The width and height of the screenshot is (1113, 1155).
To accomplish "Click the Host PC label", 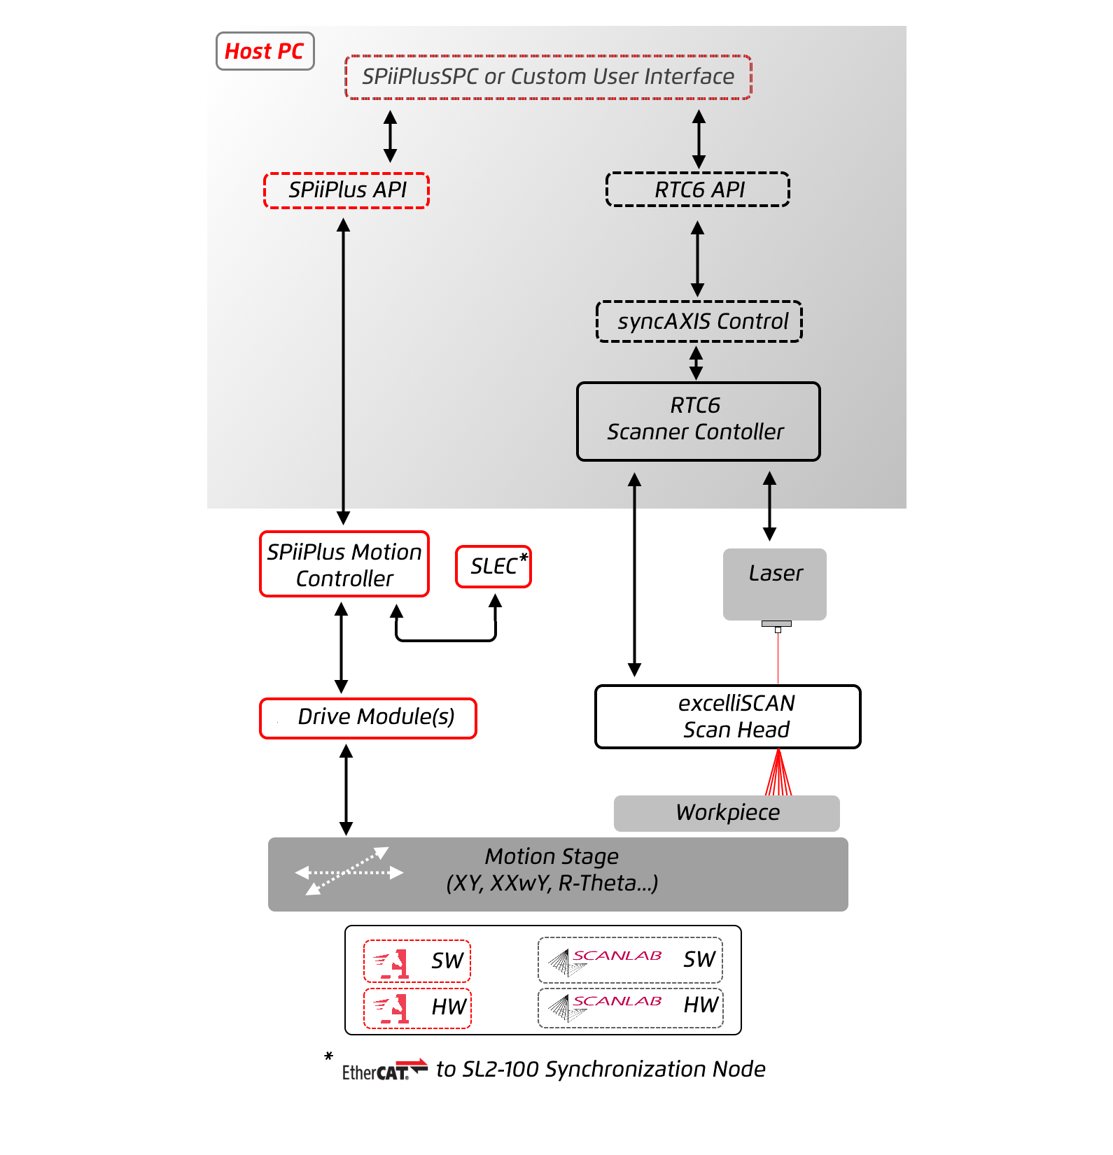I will pyautogui.click(x=265, y=51).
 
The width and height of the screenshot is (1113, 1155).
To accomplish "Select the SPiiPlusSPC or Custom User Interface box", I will pyautogui.click(x=548, y=77).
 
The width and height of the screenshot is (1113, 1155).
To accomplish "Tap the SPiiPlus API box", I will pyautogui.click(x=346, y=190).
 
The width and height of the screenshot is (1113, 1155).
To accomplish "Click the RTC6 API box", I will pyautogui.click(x=698, y=190).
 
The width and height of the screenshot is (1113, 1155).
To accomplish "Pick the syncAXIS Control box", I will pyautogui.click(x=699, y=322).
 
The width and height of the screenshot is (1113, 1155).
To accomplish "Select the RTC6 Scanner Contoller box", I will pyautogui.click(x=698, y=421).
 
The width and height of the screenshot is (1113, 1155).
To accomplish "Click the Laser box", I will pyautogui.click(x=775, y=583).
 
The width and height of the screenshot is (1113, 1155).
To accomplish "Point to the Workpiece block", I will pyautogui.click(x=727, y=813).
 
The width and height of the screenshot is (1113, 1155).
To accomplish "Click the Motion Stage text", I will pyautogui.click(x=552, y=857).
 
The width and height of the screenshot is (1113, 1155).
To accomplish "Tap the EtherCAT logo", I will pyautogui.click(x=385, y=1068).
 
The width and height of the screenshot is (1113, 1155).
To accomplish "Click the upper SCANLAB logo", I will pyautogui.click(x=605, y=963).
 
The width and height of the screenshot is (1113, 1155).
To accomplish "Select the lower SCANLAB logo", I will pyautogui.click(x=605, y=1008).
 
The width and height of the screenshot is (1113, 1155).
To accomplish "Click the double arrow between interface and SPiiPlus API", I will pyautogui.click(x=391, y=136).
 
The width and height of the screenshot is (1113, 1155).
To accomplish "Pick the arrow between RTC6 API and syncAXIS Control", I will pyautogui.click(x=697, y=258).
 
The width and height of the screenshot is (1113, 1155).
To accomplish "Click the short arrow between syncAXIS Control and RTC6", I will pyautogui.click(x=696, y=362).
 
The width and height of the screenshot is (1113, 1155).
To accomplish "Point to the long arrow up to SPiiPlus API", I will pyautogui.click(x=343, y=364).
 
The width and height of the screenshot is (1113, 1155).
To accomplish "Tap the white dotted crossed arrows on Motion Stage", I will pyautogui.click(x=349, y=872).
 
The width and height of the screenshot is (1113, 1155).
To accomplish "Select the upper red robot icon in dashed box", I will pyautogui.click(x=391, y=963).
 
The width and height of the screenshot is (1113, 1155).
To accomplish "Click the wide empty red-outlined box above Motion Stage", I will pyautogui.click(x=368, y=718).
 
